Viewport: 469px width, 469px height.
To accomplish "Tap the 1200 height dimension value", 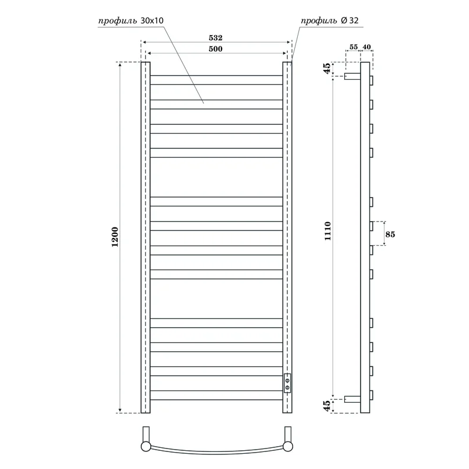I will (x=115, y=237).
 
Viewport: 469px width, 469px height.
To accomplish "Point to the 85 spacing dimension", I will (x=390, y=235).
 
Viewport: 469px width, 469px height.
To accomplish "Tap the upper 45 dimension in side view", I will (x=327, y=69).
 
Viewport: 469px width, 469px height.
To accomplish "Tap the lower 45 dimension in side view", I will (x=327, y=405).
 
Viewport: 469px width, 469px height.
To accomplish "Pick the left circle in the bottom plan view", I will (x=145, y=447).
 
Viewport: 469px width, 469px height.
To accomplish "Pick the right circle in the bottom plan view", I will (x=287, y=447).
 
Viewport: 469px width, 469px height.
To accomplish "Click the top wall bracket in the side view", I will (x=352, y=76).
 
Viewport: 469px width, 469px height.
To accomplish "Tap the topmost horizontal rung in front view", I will (x=216, y=80).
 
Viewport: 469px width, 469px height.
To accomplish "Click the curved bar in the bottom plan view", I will (x=216, y=452).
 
